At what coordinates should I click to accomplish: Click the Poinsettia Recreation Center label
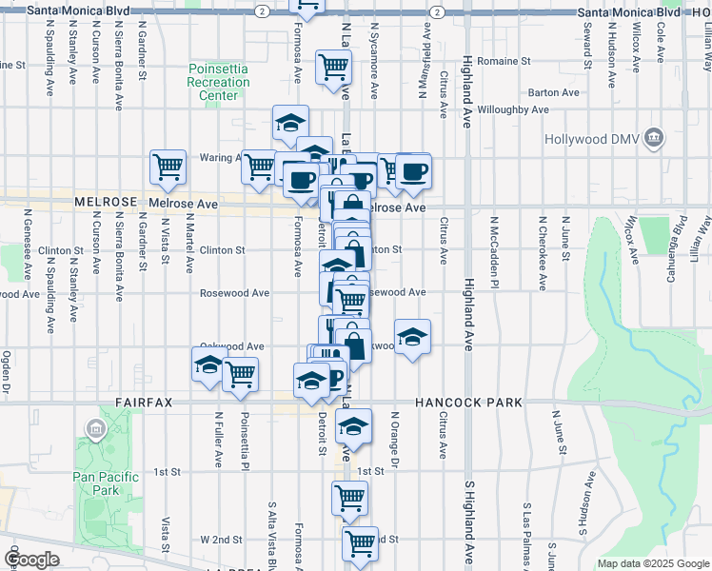[219, 82]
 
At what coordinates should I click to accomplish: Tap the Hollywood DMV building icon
[654, 139]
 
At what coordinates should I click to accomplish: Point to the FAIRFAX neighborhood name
[145, 403]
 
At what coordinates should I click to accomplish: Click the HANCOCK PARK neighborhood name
[468, 403]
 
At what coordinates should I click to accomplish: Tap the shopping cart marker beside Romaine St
[334, 67]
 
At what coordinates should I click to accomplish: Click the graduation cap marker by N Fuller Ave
[209, 364]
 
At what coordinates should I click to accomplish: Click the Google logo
[31, 559]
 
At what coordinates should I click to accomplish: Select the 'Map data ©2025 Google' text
[652, 563]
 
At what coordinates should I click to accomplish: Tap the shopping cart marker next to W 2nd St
[360, 542]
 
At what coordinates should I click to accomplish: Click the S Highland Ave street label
[469, 524]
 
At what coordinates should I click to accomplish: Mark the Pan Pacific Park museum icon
[95, 430]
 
